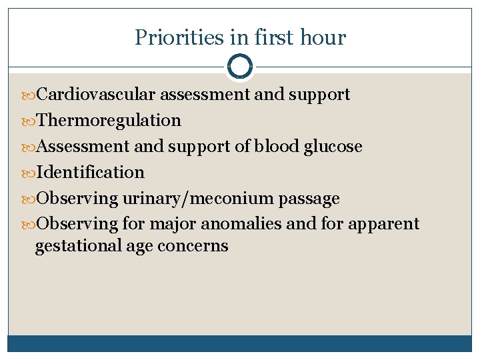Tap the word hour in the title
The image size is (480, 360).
[x=323, y=37]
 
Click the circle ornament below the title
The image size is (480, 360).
[x=240, y=67]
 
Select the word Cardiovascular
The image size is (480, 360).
[x=99, y=95]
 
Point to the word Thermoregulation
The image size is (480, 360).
[x=109, y=121]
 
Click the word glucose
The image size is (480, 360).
[x=333, y=147]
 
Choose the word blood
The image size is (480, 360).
[x=277, y=147]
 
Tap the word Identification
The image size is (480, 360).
[x=90, y=173]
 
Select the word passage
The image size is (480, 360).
[x=311, y=199]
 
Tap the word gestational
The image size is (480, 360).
[x=78, y=246]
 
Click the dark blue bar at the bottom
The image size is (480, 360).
[x=240, y=343]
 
